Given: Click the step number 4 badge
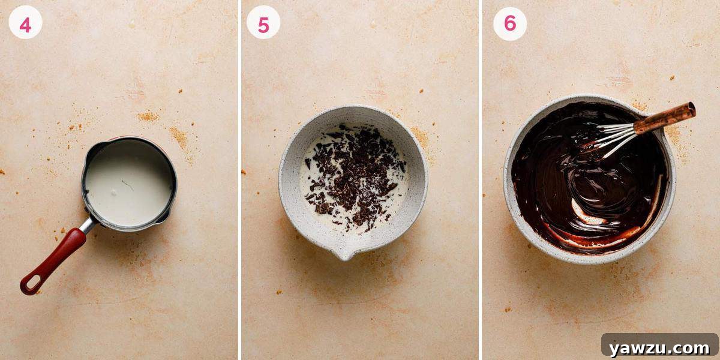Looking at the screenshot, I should [25, 25].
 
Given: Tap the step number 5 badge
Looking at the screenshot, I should [263, 25].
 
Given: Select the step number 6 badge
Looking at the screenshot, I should [509, 23].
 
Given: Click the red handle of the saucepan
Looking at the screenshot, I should [54, 259].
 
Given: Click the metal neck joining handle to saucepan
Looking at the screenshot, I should [88, 225].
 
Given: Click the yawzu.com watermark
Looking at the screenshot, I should [659, 347].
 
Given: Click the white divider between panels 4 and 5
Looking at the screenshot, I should [239, 180].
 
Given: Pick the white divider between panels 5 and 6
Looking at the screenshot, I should [480, 180].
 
